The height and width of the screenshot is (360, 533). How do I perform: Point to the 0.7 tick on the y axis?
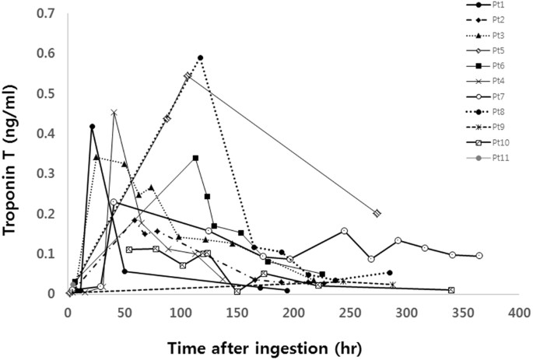(x=52, y=14)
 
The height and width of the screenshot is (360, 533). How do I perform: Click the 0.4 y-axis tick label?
(x=52, y=134)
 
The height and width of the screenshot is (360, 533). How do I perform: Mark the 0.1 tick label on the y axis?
(x=52, y=254)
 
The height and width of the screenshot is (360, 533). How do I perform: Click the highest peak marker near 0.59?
(x=200, y=58)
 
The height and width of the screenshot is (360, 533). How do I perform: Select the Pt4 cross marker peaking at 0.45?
(x=114, y=113)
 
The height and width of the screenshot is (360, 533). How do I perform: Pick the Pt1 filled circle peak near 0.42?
(x=93, y=126)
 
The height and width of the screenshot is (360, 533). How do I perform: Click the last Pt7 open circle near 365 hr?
(x=479, y=256)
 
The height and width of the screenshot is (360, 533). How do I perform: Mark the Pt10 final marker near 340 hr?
(x=451, y=290)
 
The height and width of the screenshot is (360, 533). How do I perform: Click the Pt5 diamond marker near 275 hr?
(x=377, y=213)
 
